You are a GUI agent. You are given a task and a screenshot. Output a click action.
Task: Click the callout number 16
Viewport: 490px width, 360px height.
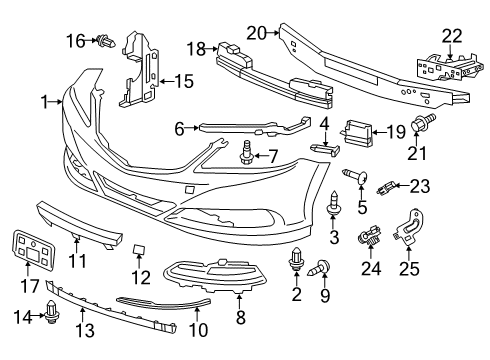pos(75,40)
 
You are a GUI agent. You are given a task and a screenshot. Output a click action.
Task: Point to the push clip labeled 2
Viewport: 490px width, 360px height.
pos(296,263)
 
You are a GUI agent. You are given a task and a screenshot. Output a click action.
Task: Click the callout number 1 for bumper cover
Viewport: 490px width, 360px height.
pos(43,101)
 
